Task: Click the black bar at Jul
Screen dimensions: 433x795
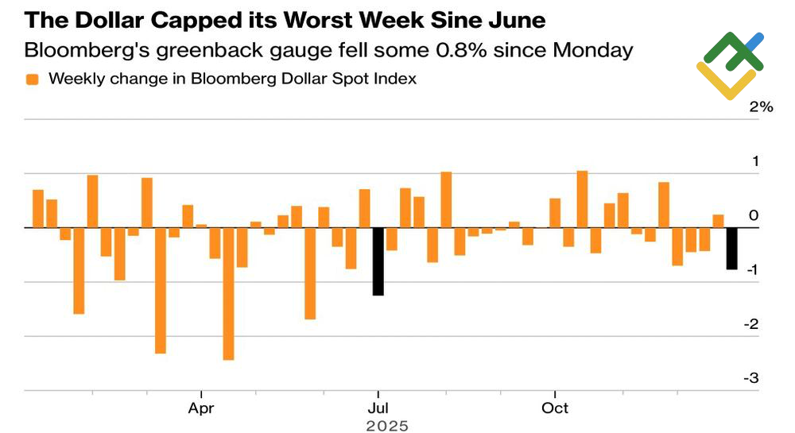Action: click(378, 261)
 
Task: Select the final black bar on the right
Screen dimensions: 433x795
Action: click(731, 248)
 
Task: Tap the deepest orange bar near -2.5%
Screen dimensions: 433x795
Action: click(229, 293)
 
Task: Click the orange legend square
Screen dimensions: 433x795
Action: click(33, 79)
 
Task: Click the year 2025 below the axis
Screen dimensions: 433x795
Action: click(386, 426)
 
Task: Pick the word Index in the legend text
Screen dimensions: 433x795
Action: click(397, 79)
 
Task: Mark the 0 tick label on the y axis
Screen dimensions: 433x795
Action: click(754, 215)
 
